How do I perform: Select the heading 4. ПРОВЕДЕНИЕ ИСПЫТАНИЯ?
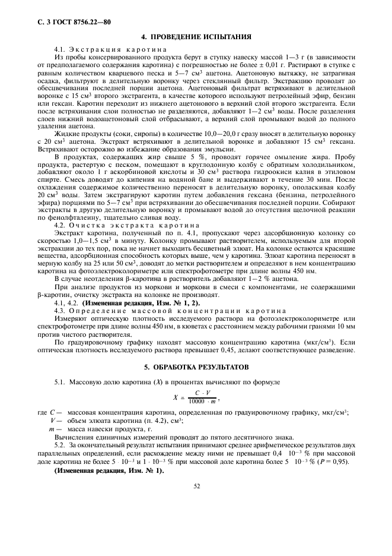(x=196, y=37)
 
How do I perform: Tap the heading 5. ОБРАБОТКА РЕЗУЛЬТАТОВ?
(x=196, y=367)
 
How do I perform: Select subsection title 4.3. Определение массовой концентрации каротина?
(x=162, y=311)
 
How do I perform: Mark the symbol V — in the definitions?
(x=56, y=421)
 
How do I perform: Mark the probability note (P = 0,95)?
(x=334, y=462)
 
